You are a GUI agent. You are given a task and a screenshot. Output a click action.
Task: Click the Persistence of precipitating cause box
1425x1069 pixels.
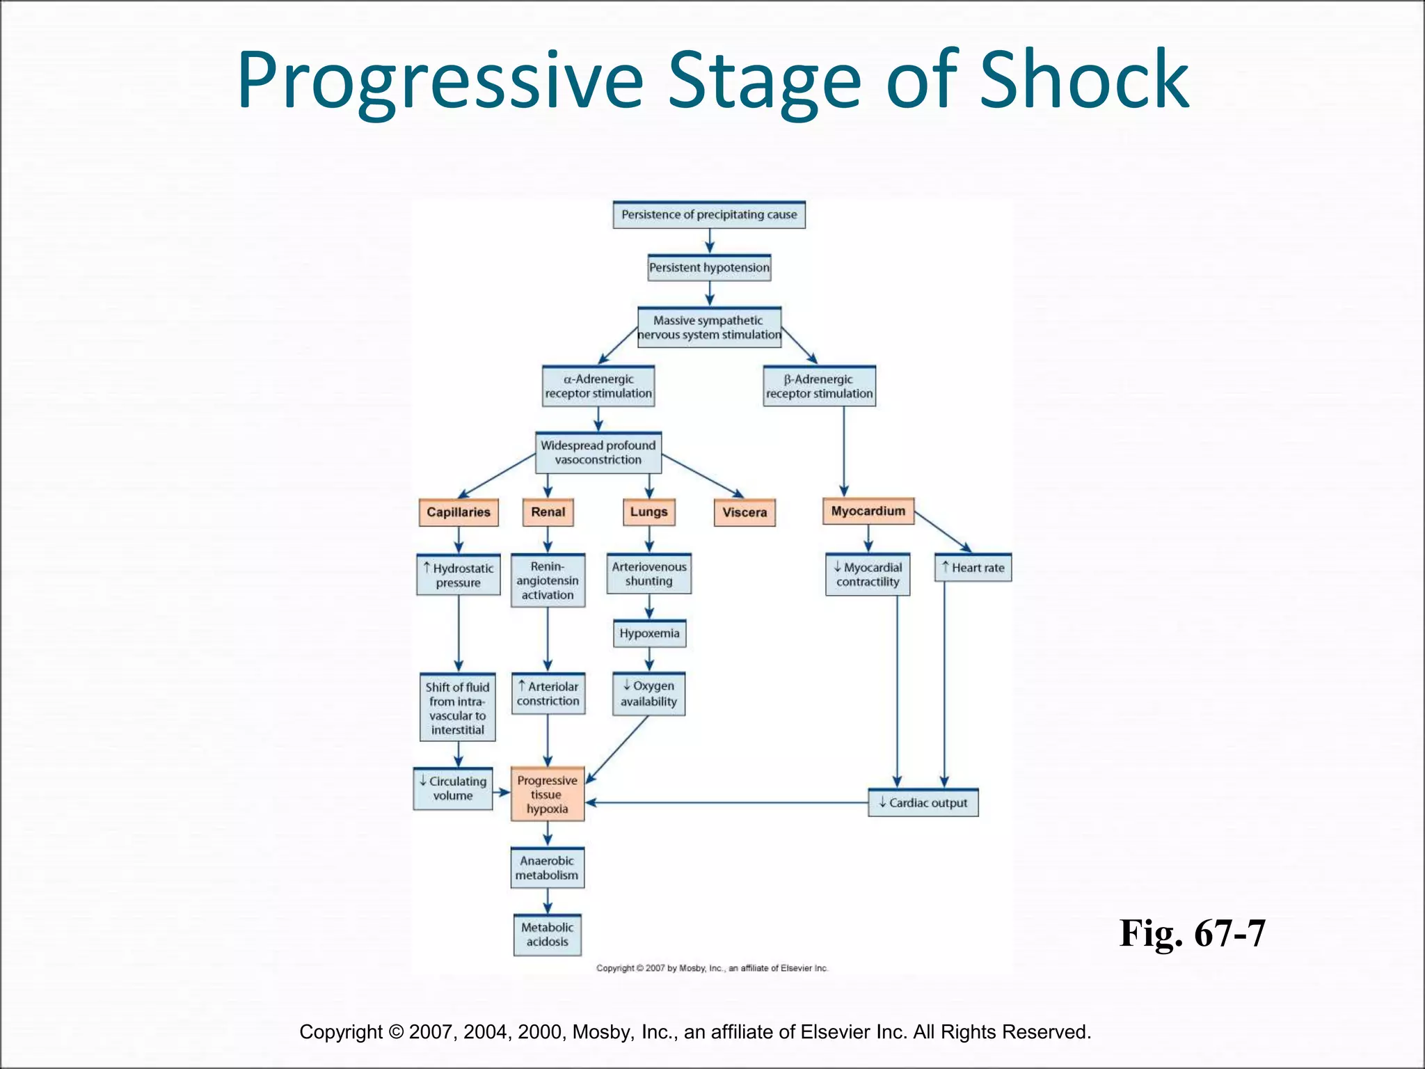[709, 215]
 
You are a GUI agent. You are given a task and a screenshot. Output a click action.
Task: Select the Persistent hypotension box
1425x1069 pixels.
[709, 268]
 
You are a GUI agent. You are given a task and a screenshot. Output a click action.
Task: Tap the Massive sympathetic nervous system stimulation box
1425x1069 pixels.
[709, 328]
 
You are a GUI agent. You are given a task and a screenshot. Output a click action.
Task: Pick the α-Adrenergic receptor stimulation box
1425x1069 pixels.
[598, 386]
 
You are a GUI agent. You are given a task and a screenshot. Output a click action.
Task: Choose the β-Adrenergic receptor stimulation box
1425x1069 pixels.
[819, 386]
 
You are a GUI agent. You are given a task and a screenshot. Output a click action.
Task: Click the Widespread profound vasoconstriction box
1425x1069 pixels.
[598, 452]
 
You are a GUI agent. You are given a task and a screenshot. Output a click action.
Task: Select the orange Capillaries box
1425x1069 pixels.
[459, 512]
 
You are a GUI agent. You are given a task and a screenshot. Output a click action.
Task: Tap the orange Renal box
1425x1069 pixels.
[548, 512]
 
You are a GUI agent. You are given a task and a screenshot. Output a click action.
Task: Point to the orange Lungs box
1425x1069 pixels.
[648, 512]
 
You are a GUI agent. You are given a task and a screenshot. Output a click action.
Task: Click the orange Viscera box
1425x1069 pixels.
[745, 513]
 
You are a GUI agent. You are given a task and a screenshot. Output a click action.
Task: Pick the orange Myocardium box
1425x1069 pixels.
[868, 512]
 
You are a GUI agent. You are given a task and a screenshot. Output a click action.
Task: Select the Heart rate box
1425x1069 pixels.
[973, 568]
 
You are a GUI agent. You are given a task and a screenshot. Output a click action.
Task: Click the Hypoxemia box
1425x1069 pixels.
[649, 634]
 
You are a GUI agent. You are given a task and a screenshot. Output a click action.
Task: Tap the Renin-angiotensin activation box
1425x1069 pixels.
[548, 580]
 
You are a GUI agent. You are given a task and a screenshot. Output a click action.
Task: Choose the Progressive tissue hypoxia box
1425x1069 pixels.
[548, 795]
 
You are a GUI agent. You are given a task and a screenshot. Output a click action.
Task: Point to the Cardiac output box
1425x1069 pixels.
[923, 803]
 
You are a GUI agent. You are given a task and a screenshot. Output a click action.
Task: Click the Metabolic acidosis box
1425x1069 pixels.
[548, 935]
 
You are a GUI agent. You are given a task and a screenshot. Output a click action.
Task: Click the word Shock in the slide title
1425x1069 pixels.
[1084, 80]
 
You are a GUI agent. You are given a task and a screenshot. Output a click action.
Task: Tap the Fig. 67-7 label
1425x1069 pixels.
[1192, 933]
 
